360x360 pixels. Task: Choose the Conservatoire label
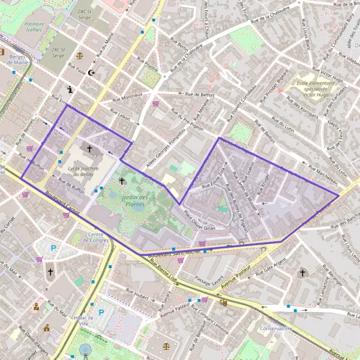coord(275,329)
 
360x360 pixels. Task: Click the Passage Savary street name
coord(209,280)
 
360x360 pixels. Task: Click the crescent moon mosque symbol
coord(91,73)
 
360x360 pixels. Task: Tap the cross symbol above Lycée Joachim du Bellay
coord(90,148)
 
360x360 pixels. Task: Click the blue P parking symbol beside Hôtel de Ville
coord(101,312)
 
